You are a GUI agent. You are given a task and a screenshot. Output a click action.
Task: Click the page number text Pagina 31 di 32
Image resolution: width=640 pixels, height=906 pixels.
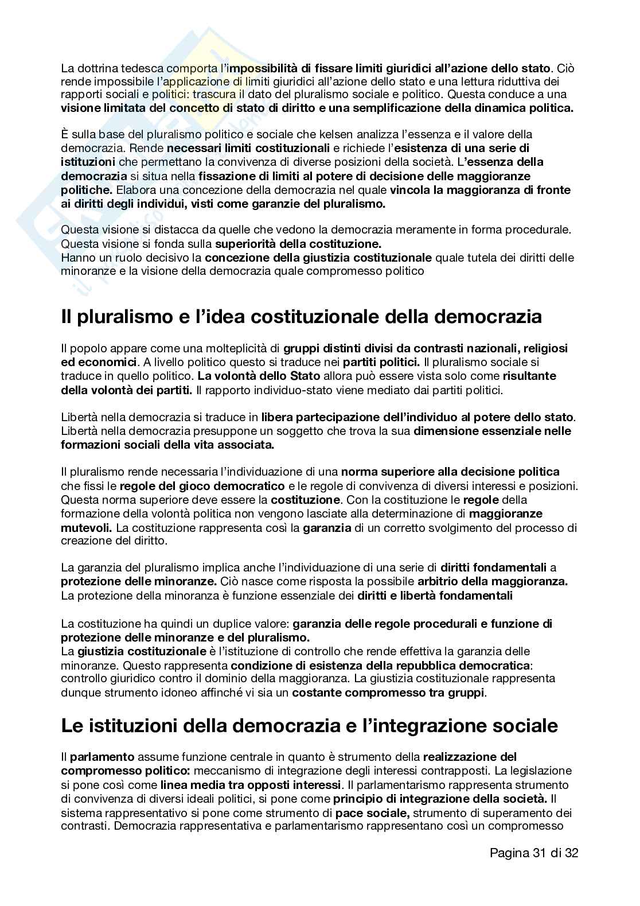[534, 853]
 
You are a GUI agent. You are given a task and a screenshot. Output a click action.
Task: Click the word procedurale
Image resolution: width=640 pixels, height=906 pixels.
[536, 230]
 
